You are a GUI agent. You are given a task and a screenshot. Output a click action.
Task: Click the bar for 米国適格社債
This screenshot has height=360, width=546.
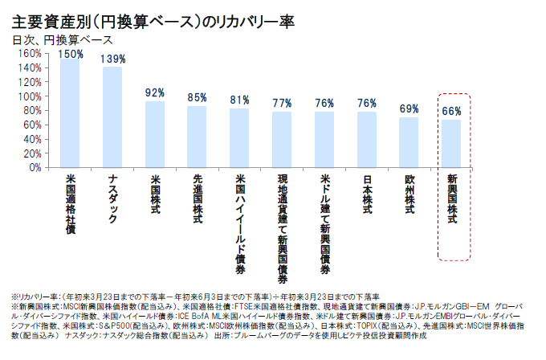point(70,113)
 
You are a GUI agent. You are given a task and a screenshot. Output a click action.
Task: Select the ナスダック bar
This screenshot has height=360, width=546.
point(112,117)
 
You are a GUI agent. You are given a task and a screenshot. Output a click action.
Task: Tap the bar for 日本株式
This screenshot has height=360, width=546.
point(367,140)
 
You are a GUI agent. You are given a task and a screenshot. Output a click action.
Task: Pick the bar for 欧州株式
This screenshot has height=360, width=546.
point(409,142)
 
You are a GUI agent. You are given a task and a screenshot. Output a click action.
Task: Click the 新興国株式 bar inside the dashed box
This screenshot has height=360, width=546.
point(451,144)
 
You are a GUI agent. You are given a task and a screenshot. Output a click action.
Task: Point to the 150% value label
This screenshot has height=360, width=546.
point(71,55)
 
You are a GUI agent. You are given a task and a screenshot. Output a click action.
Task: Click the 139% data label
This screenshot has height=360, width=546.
point(113,59)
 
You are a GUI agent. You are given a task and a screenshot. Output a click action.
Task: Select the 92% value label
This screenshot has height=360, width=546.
point(155,92)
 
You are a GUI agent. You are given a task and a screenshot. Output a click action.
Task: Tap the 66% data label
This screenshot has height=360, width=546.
point(451,111)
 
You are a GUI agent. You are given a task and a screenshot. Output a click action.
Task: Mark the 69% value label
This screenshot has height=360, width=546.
point(409,108)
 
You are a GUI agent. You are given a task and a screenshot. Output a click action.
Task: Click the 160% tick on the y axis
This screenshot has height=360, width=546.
point(28,54)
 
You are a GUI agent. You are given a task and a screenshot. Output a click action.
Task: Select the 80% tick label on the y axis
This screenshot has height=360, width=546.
point(31,111)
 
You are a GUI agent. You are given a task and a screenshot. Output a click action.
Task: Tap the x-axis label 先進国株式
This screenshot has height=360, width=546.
point(198,197)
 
